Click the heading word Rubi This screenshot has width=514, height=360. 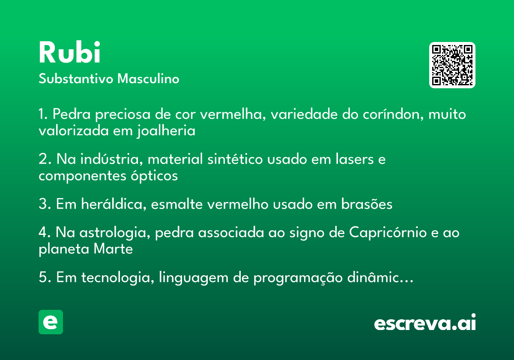(69, 52)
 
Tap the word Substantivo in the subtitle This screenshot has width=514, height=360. (76, 79)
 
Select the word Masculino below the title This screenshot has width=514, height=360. (148, 79)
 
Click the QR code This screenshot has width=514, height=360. (452, 65)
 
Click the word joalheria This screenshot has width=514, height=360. (166, 131)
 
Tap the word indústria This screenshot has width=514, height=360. (111, 159)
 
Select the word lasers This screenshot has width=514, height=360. (355, 159)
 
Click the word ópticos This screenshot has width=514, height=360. (154, 176)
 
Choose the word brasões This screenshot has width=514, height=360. (367, 204)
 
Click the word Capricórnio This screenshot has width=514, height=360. (388, 233)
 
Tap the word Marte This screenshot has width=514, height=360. (113, 249)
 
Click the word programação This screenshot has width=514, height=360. (298, 278)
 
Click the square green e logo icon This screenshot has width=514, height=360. (51, 322)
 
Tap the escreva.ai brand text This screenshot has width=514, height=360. (425, 322)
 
